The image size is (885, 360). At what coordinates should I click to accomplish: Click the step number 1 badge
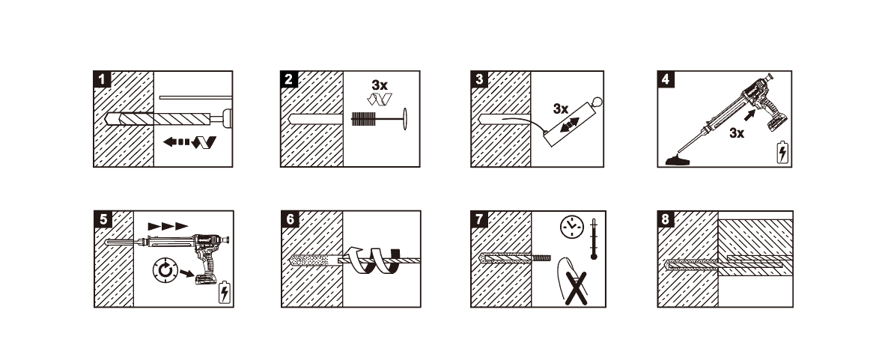pyautogui.click(x=102, y=79)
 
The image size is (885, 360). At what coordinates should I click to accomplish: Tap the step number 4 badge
pyautogui.click(x=666, y=79)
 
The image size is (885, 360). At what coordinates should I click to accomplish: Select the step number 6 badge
pyautogui.click(x=290, y=219)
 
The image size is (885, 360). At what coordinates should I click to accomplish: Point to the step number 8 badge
pyautogui.click(x=666, y=219)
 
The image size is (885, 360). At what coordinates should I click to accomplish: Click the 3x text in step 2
pyautogui.click(x=380, y=85)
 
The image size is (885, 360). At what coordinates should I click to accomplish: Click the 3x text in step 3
pyautogui.click(x=561, y=109)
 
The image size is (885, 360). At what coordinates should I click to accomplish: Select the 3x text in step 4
pyautogui.click(x=737, y=133)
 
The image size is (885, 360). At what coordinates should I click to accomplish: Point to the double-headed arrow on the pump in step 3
pyautogui.click(x=570, y=126)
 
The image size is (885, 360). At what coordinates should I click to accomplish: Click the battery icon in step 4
pyautogui.click(x=782, y=153)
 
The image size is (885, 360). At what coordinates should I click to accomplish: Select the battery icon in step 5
pyautogui.click(x=224, y=292)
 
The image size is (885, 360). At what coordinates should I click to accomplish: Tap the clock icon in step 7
pyautogui.click(x=571, y=227)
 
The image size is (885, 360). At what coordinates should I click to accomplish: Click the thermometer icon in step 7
pyautogui.click(x=594, y=240)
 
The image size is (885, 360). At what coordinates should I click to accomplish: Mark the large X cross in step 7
pyautogui.click(x=576, y=288)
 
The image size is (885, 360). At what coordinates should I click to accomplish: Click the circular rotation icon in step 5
pyautogui.click(x=165, y=272)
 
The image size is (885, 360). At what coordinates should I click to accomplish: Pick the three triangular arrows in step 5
pyautogui.click(x=168, y=226)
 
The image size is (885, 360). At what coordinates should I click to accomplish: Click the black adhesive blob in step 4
pyautogui.click(x=678, y=162)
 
